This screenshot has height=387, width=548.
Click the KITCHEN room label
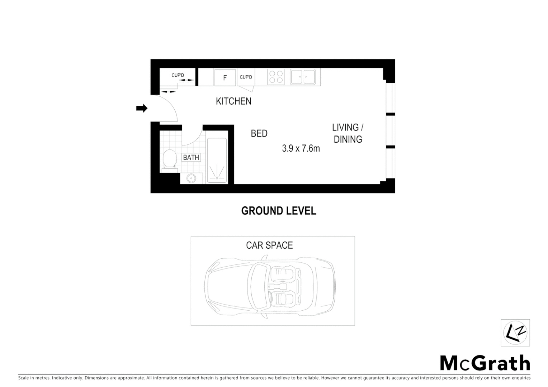tap(233, 101)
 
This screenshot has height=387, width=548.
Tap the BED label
tap(259, 133)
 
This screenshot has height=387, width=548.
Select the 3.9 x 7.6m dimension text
tap(301, 148)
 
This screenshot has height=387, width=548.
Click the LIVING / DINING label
tap(348, 133)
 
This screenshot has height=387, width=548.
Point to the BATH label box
tap(191, 157)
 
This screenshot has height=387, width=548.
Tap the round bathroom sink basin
tap(192, 178)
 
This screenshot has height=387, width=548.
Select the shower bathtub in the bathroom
tap(217, 160)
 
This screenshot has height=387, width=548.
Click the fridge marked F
tap(225, 77)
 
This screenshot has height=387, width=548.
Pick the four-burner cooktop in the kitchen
tap(276, 77)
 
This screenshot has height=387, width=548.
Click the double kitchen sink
tap(303, 77)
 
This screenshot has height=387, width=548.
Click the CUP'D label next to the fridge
tap(246, 77)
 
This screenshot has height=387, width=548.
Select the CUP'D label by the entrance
tap(178, 75)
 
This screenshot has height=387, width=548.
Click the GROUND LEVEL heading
tap(279, 211)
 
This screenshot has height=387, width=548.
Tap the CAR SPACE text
tap(269, 245)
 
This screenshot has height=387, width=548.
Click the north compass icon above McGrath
tap(515, 333)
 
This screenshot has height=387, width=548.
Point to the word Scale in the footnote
tap(23, 378)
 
